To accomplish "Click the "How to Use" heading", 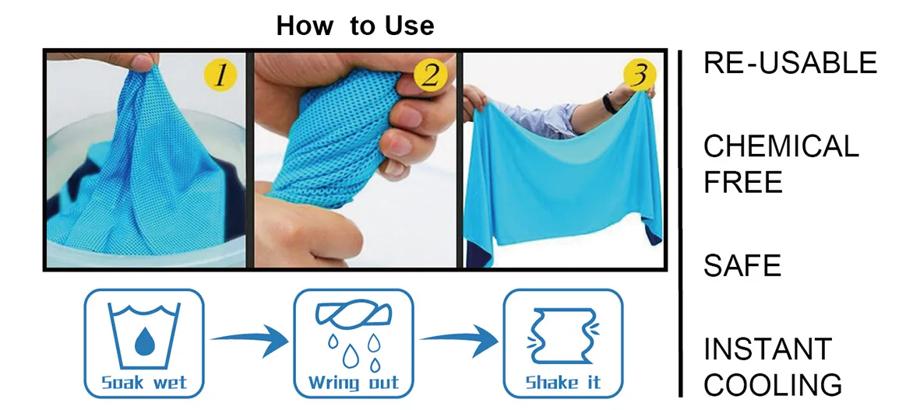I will [x=354, y=26].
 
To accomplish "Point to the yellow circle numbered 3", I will [x=639, y=75].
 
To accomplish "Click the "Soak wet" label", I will [x=144, y=384].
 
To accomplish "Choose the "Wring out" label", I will [x=353, y=384].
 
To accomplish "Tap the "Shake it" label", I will [x=562, y=384].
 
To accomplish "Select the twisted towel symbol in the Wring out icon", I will [x=352, y=317].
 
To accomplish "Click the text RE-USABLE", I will [x=790, y=63].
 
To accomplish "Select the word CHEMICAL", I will [x=781, y=146].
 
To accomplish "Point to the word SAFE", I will [x=742, y=266].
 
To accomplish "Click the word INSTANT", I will [x=767, y=349].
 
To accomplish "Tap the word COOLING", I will [x=773, y=385].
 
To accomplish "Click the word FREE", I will [x=742, y=183].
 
